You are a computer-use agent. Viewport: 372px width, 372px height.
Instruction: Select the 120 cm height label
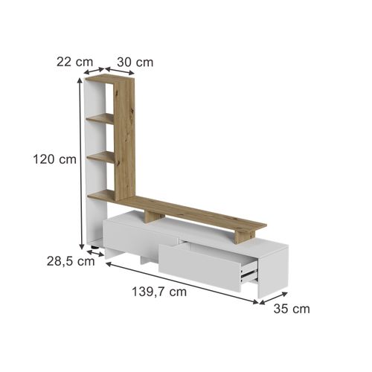[54, 158]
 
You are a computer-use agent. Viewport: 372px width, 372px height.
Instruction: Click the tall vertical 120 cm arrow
[79, 164]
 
